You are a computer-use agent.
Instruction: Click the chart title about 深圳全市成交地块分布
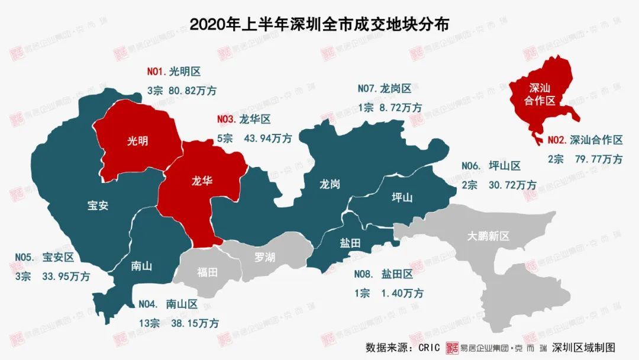tap(319, 24)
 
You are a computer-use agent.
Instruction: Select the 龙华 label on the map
tap(201, 181)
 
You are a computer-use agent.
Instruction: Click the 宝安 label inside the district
tap(98, 205)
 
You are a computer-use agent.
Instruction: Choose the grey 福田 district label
tap(207, 272)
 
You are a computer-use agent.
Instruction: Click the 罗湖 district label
tap(264, 258)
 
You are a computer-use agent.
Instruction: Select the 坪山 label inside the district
tap(402, 197)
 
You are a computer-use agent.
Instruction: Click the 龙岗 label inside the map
tap(330, 184)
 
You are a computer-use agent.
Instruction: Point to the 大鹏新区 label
tap(488, 236)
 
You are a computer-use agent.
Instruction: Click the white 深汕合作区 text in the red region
tap(540, 94)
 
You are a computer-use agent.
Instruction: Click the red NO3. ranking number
tap(226, 120)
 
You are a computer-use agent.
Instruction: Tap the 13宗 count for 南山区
tap(149, 323)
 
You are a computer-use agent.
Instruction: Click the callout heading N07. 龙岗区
tap(385, 89)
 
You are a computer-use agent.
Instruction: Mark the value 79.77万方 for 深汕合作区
tap(599, 159)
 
